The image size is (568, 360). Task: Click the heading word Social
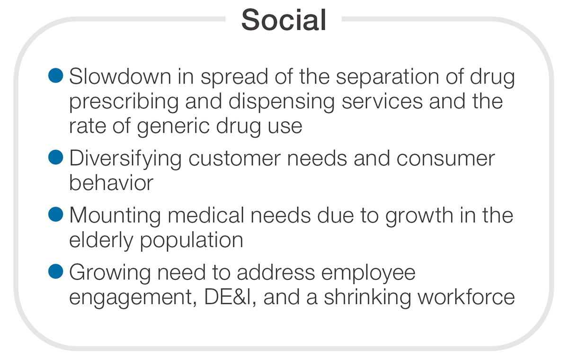tap(284, 20)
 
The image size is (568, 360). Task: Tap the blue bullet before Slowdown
tap(55, 75)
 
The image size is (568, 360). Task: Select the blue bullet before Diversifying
tap(55, 157)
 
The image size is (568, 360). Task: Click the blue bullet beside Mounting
tap(55, 215)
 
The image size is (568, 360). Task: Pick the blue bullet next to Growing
tap(55, 271)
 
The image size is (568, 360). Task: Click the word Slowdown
tap(120, 76)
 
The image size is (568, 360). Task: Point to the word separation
tap(388, 78)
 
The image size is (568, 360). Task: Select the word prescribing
tap(124, 103)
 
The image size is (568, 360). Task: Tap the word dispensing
tap(282, 103)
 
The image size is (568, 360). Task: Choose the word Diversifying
tap(125, 160)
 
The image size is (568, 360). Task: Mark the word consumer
tap(446, 159)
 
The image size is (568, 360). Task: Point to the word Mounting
tap(115, 217)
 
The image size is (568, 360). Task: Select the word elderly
tap(101, 241)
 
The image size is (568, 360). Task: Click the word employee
tap(368, 273)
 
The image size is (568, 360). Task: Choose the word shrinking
tap(367, 298)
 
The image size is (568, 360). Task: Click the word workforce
tap(467, 297)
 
